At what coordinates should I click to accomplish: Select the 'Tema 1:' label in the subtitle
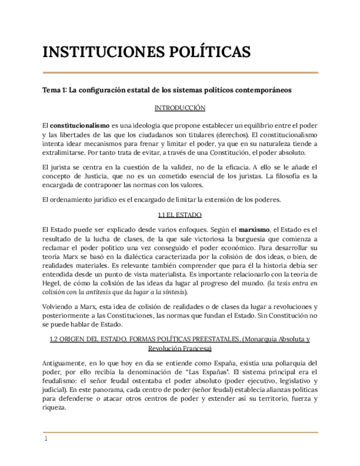click(55, 90)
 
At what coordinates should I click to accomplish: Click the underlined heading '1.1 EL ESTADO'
click(180, 214)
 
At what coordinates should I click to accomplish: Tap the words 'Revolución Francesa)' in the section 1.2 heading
click(180, 348)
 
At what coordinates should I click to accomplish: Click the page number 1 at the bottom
click(46, 439)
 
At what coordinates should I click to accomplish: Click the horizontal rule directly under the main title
click(180, 73)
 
